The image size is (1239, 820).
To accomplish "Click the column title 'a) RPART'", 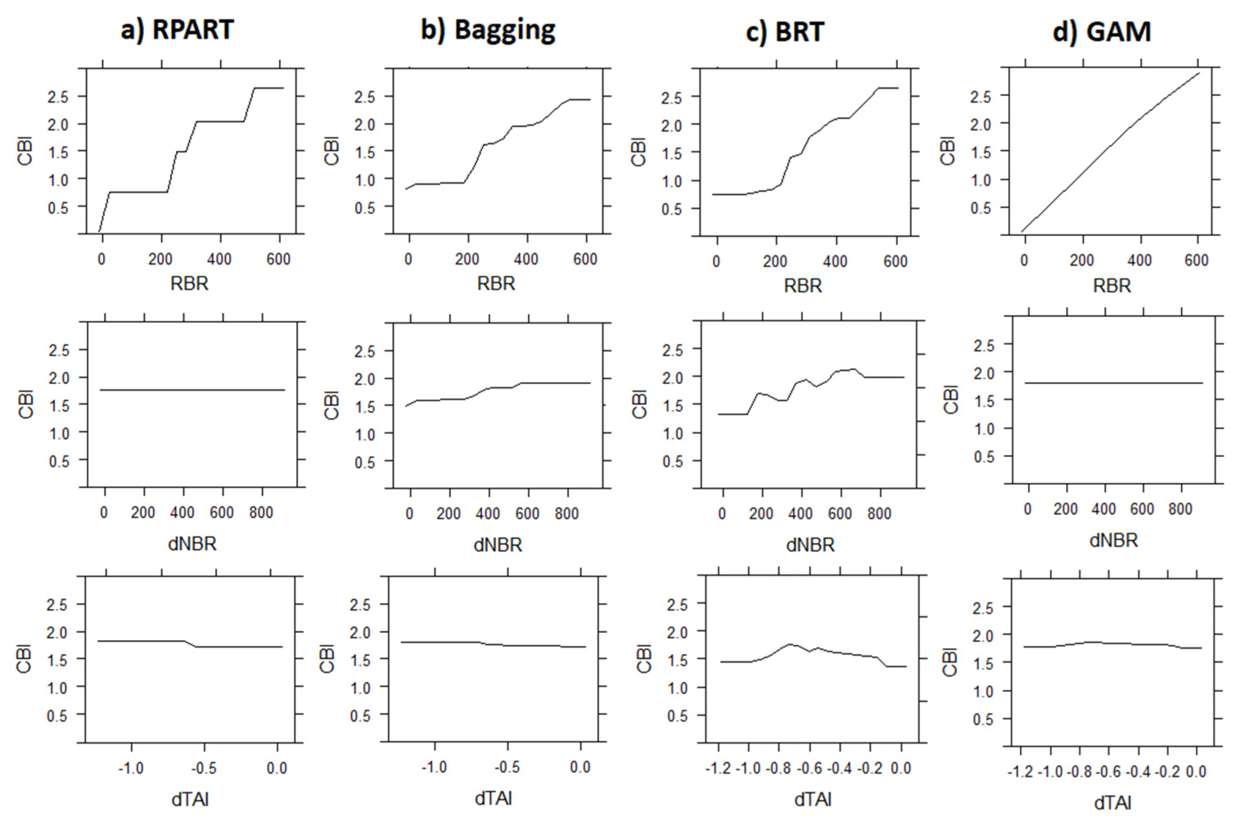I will [x=177, y=30].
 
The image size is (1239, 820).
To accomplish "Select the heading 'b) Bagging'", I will [x=488, y=30].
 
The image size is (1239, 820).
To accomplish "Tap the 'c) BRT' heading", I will [x=785, y=32].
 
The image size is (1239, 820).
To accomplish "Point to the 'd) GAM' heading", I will [x=1102, y=32].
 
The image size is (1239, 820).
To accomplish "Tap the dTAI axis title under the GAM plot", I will [x=1113, y=803].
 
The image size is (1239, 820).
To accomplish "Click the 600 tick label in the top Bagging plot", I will [x=585, y=259].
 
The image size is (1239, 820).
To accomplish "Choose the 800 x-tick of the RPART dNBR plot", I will [x=261, y=512].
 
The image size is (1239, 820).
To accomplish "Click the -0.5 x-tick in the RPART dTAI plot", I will [x=204, y=768].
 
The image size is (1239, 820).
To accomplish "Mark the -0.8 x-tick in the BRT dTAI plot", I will [x=779, y=768].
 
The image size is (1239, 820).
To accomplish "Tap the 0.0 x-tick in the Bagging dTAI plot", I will [x=580, y=767].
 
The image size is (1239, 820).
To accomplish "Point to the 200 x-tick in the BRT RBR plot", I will [x=775, y=261].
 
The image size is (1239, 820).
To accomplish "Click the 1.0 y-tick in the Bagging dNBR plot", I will [x=365, y=434].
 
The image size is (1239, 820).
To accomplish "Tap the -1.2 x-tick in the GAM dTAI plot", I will [x=1020, y=772].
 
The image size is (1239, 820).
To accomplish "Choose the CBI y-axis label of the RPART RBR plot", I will [x=25, y=151].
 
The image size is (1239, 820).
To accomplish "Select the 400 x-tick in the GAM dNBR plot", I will [x=1104, y=509].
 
